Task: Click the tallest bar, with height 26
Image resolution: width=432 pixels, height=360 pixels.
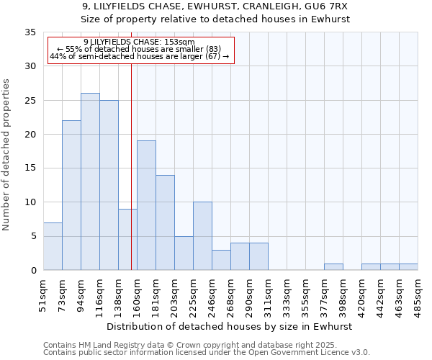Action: (x=90, y=181)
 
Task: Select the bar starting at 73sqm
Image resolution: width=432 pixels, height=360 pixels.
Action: (x=71, y=195)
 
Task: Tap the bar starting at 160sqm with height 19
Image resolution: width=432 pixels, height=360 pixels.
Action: (x=146, y=205)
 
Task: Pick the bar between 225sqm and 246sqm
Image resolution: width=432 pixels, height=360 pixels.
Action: (x=202, y=236)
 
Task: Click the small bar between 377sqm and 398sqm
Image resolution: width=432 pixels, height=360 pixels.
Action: (x=333, y=267)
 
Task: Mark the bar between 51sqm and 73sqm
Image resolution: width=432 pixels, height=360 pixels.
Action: (x=53, y=246)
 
